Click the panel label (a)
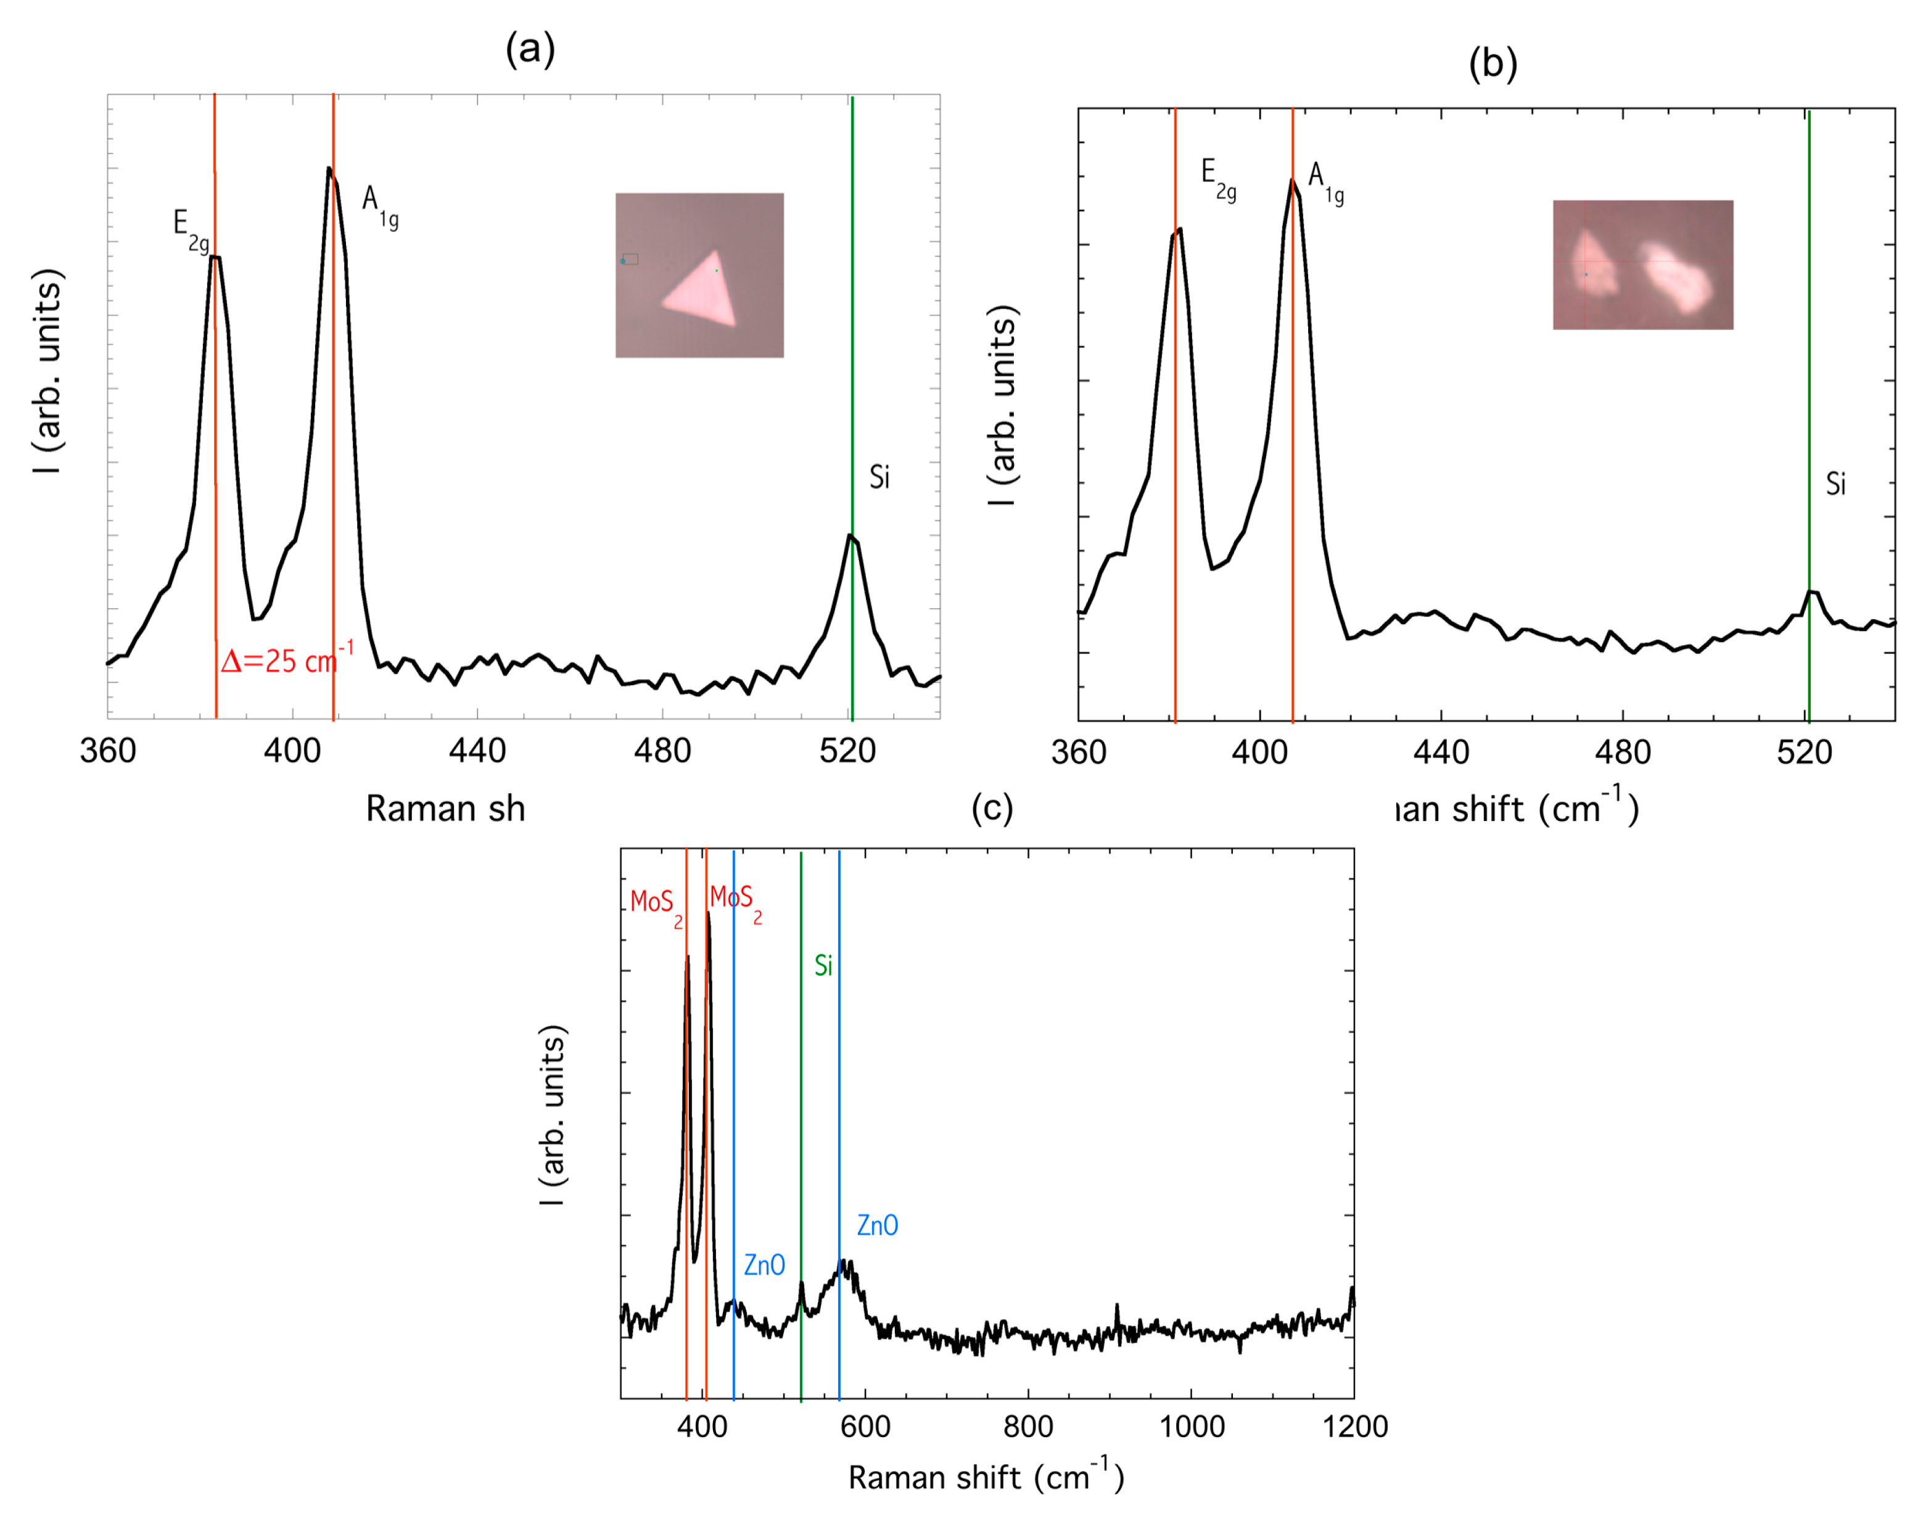(x=530, y=49)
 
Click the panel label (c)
(x=992, y=808)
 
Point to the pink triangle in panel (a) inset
(x=703, y=292)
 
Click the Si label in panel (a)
(x=879, y=477)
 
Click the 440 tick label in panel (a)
(x=477, y=751)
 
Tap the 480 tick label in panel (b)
(x=1622, y=752)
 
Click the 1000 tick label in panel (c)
(x=1191, y=1427)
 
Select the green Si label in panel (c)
(x=823, y=965)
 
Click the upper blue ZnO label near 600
(x=877, y=1226)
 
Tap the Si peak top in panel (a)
(x=850, y=535)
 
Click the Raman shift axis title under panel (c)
(x=986, y=1477)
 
